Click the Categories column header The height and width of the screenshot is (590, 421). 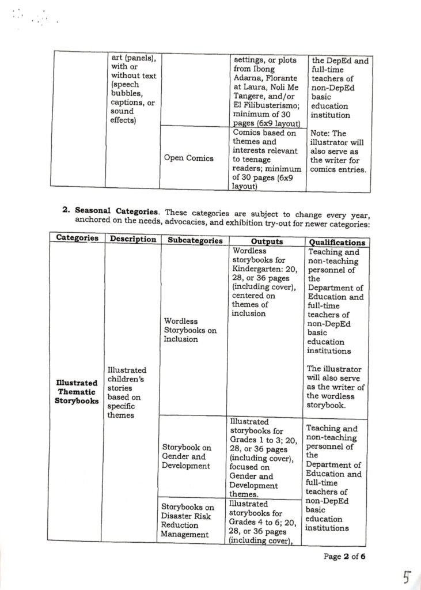point(77,238)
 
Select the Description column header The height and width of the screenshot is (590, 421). point(132,239)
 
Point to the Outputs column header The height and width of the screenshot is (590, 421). point(267,241)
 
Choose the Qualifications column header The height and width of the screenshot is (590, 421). point(337,243)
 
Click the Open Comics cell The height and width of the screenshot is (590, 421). point(188,158)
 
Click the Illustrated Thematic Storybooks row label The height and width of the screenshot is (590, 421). point(77,391)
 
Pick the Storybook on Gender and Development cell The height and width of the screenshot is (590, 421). point(187,456)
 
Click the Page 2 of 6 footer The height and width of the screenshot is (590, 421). point(344,557)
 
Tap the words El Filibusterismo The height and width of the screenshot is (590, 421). point(263,105)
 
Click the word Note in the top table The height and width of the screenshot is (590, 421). point(320,133)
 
